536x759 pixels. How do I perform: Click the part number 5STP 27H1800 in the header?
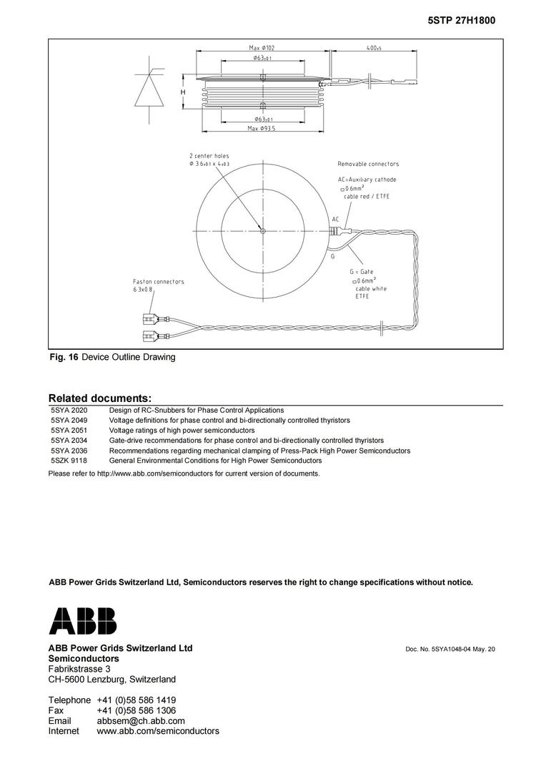click(x=461, y=21)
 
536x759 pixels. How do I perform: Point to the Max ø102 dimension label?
click(x=262, y=48)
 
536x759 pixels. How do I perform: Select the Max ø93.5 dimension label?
click(x=262, y=128)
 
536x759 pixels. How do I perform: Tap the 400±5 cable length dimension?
click(x=373, y=48)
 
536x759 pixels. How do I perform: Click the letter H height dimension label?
click(x=183, y=93)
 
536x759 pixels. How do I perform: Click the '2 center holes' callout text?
click(x=209, y=156)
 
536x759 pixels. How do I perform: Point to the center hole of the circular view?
click(x=263, y=230)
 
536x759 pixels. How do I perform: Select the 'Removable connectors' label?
click(x=368, y=165)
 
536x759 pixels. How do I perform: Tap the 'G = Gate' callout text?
click(x=362, y=273)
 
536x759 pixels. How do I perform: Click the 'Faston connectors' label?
click(x=158, y=282)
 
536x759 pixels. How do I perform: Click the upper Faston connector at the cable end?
click(x=151, y=318)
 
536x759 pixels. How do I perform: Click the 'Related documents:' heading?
click(x=99, y=398)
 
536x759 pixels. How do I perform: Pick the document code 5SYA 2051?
click(x=69, y=431)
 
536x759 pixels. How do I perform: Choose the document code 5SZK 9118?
click(x=69, y=461)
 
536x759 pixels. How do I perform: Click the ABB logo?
click(x=82, y=621)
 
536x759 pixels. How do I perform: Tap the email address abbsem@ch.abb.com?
click(x=141, y=721)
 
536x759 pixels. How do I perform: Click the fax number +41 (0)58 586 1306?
click(x=136, y=710)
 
